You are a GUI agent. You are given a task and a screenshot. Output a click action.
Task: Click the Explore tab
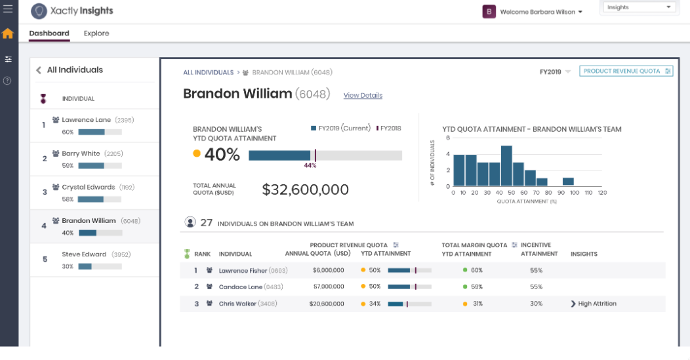pyautogui.click(x=96, y=33)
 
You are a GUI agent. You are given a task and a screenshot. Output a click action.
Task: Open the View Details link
pyautogui.click(x=363, y=96)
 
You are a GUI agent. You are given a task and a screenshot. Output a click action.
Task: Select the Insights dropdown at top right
pyautogui.click(x=639, y=7)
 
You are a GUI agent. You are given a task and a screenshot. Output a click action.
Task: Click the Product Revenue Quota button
pyautogui.click(x=626, y=71)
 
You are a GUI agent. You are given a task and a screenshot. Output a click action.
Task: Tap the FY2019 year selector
pyautogui.click(x=554, y=71)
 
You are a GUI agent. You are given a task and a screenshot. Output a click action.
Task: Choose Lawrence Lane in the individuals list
pyautogui.click(x=86, y=120)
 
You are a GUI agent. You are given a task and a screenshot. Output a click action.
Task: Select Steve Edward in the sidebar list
pyautogui.click(x=84, y=254)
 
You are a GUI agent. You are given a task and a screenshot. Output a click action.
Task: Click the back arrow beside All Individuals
pyautogui.click(x=39, y=70)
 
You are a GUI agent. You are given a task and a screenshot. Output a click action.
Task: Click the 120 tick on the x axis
pyautogui.click(x=602, y=193)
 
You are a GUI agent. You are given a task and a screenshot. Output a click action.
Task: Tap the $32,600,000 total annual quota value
pyautogui.click(x=305, y=190)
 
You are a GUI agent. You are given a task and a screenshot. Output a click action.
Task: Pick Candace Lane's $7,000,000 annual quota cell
pyautogui.click(x=329, y=287)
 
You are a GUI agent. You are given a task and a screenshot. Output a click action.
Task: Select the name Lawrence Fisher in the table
pyautogui.click(x=243, y=270)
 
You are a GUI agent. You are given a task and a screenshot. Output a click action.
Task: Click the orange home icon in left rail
pyautogui.click(x=8, y=33)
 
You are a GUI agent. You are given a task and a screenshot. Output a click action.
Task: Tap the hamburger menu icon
pyautogui.click(x=8, y=9)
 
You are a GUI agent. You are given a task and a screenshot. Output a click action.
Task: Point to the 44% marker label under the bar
pyautogui.click(x=310, y=165)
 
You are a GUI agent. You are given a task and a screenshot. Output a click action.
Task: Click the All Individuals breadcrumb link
pyautogui.click(x=208, y=73)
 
